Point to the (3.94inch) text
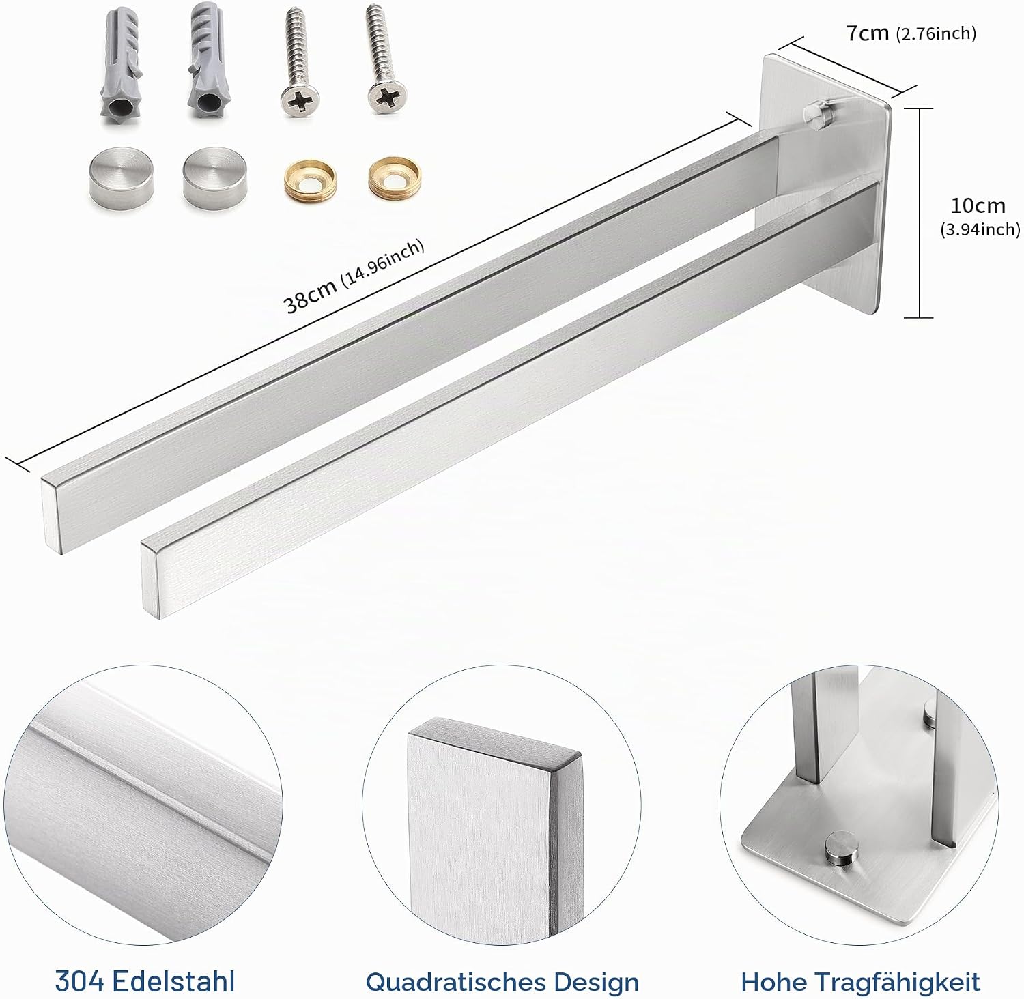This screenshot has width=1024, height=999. (980, 230)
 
